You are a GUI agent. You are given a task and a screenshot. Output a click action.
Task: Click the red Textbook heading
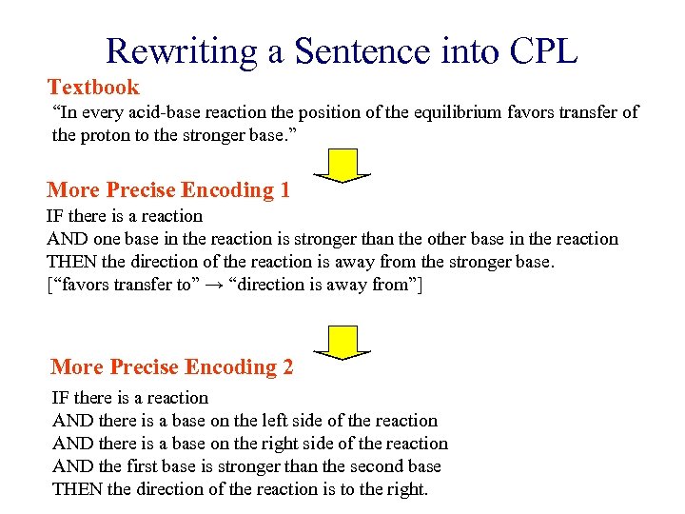tap(93, 88)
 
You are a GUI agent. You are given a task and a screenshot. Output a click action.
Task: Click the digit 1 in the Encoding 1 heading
tap(284, 190)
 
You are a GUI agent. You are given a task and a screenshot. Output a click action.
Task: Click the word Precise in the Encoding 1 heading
tap(145, 190)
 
